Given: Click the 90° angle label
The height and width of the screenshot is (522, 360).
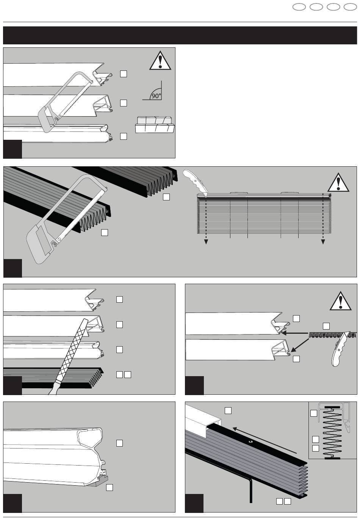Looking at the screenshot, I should [156, 96].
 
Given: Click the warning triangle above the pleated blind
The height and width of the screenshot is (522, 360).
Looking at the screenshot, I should [338, 183].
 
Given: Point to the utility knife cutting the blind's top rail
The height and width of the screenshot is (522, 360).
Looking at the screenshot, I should [194, 184].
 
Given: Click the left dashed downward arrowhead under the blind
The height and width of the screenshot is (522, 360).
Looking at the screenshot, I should [207, 242].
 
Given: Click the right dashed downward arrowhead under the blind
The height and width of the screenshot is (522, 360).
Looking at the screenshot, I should [323, 242].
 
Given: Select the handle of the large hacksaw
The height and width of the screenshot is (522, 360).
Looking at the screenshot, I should [38, 244].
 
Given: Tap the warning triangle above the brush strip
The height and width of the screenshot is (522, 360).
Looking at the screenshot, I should [341, 301].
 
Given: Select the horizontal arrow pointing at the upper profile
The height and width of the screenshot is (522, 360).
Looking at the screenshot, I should [296, 333].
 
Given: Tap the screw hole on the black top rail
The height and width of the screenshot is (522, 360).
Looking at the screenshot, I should [250, 442].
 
